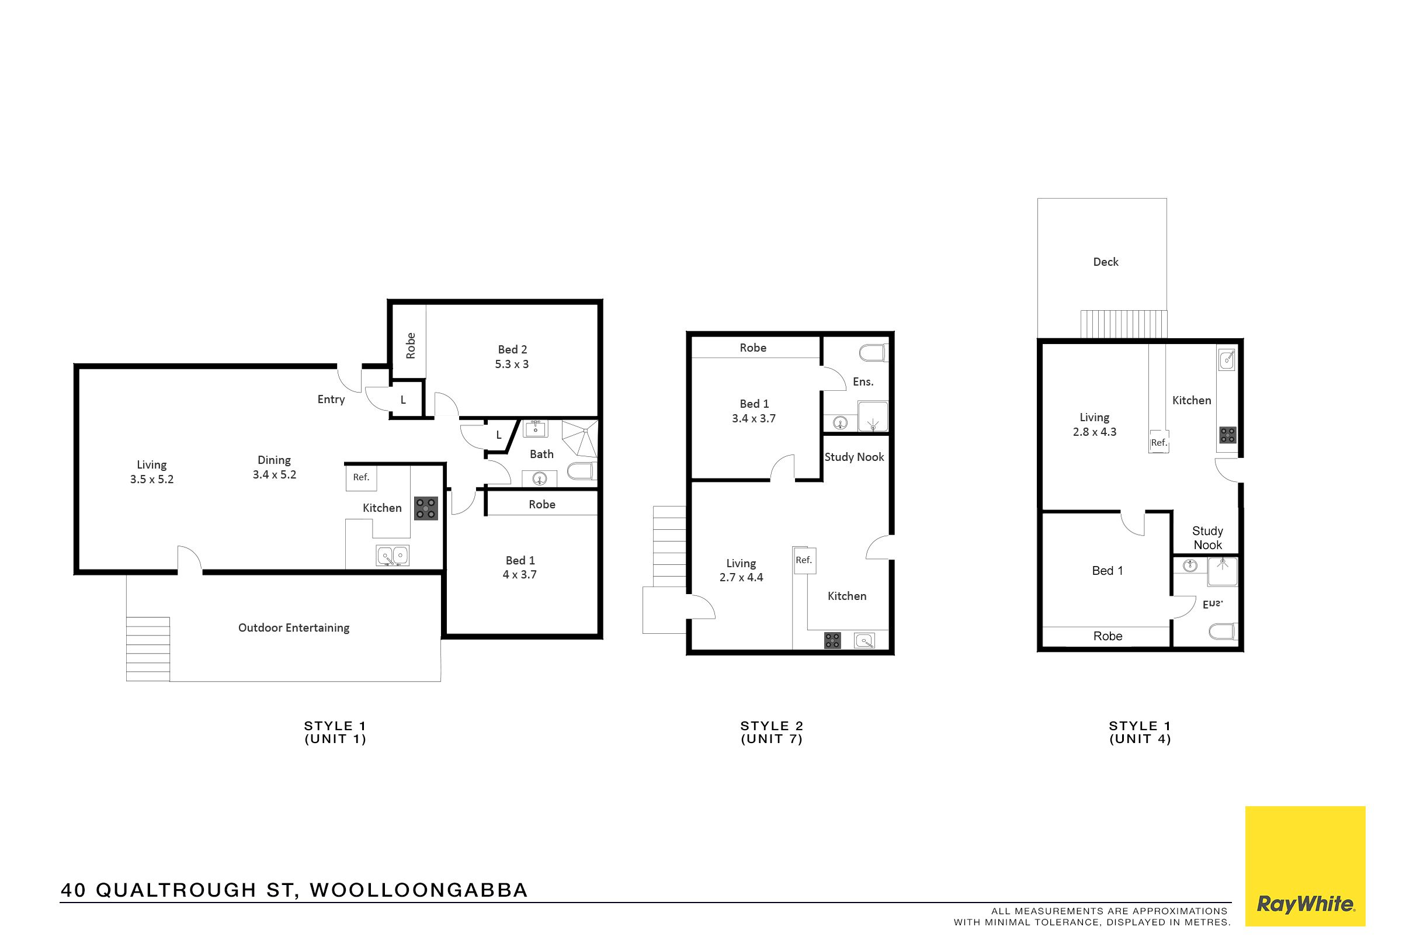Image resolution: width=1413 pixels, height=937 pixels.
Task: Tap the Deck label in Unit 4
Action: pyautogui.click(x=1105, y=262)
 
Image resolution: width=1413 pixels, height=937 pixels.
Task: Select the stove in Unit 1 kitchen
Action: pyautogui.click(x=426, y=508)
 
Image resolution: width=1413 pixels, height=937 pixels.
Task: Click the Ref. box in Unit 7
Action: pyautogui.click(x=804, y=560)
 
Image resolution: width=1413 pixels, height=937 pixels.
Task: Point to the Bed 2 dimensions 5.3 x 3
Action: pyautogui.click(x=512, y=364)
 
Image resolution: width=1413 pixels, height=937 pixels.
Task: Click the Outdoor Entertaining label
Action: pyautogui.click(x=294, y=627)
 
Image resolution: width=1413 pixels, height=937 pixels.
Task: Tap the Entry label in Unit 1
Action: pyautogui.click(x=331, y=399)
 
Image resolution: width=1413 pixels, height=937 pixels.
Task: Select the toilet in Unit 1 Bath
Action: pyautogui.click(x=581, y=471)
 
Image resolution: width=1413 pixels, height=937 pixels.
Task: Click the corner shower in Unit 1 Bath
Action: pyautogui.click(x=579, y=439)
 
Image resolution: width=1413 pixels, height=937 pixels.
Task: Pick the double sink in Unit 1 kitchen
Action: pyautogui.click(x=393, y=556)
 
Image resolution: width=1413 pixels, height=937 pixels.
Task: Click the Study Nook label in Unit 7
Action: pyautogui.click(x=854, y=457)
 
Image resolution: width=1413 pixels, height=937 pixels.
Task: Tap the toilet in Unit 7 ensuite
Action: pyautogui.click(x=873, y=353)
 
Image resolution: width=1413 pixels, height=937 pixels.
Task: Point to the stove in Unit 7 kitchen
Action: pyautogui.click(x=832, y=641)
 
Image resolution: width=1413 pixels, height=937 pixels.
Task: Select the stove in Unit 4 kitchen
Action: pyautogui.click(x=1228, y=435)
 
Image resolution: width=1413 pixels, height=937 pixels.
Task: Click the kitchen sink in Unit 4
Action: pyautogui.click(x=1226, y=360)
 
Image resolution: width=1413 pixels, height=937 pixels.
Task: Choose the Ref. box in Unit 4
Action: pyautogui.click(x=1159, y=442)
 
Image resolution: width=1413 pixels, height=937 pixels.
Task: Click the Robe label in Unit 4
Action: pyautogui.click(x=1108, y=636)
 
